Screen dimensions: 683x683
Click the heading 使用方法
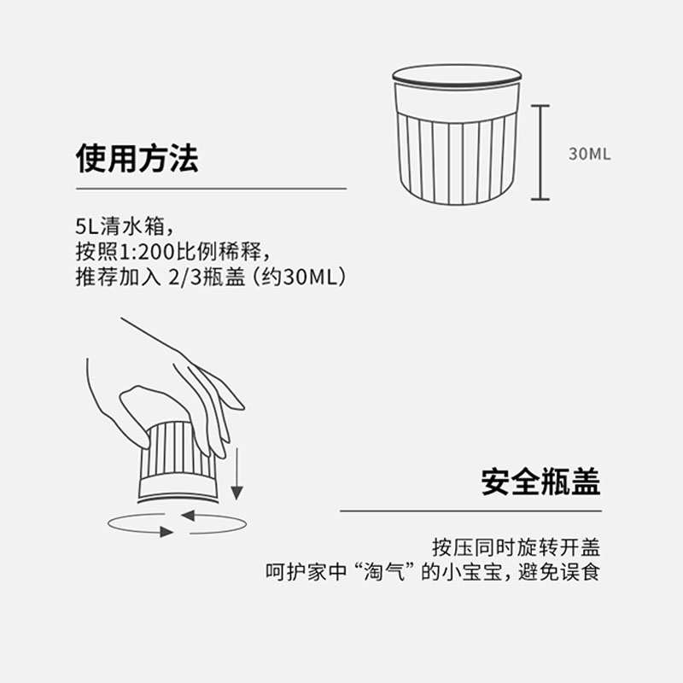[x=137, y=158]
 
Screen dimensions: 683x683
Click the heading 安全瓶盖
[x=540, y=482]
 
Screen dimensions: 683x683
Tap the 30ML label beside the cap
[x=589, y=155]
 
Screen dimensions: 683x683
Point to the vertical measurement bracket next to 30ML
[x=540, y=153]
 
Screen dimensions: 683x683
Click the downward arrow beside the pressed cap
[x=237, y=478]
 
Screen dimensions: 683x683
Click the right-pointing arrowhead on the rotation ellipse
[x=166, y=532]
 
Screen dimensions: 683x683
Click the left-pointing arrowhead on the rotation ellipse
[x=188, y=515]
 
